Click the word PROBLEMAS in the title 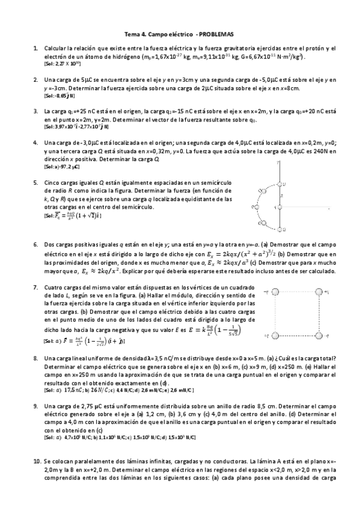tap(216, 35)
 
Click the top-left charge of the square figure tap(275, 291)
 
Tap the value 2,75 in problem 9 tap(88, 408)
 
